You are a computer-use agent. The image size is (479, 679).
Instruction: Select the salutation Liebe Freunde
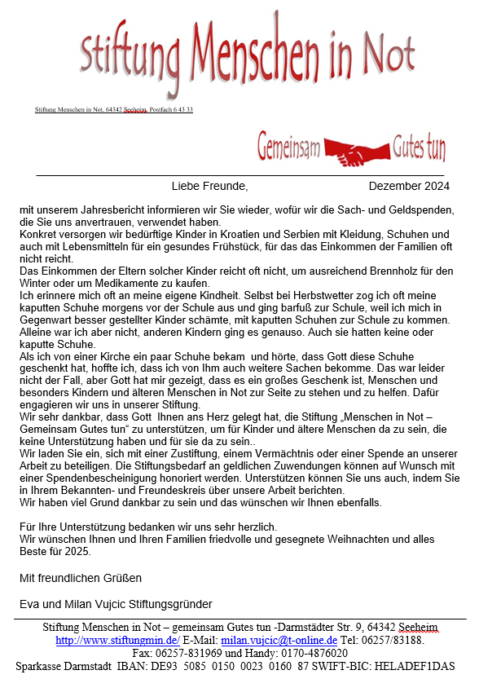point(209,187)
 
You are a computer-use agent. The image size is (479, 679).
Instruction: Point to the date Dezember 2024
point(409,187)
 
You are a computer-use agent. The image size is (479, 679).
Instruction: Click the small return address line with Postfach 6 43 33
point(114,109)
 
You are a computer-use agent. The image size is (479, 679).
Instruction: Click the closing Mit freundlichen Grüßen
point(81,578)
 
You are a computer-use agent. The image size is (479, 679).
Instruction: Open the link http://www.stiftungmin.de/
point(117,641)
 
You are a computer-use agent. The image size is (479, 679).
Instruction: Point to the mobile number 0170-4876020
point(309,654)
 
